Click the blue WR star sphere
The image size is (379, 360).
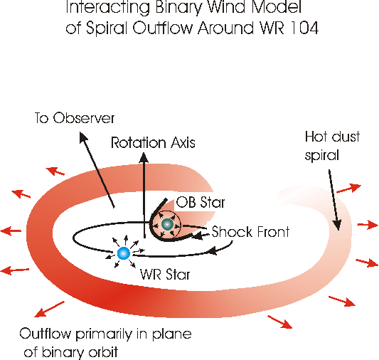pyautogui.click(x=124, y=253)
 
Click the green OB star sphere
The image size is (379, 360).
pyautogui.click(x=167, y=225)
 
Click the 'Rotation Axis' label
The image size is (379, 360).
pyautogui.click(x=153, y=142)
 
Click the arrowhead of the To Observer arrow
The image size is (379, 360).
pyautogui.click(x=78, y=134)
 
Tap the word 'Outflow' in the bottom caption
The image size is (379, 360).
pyautogui.click(x=43, y=334)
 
